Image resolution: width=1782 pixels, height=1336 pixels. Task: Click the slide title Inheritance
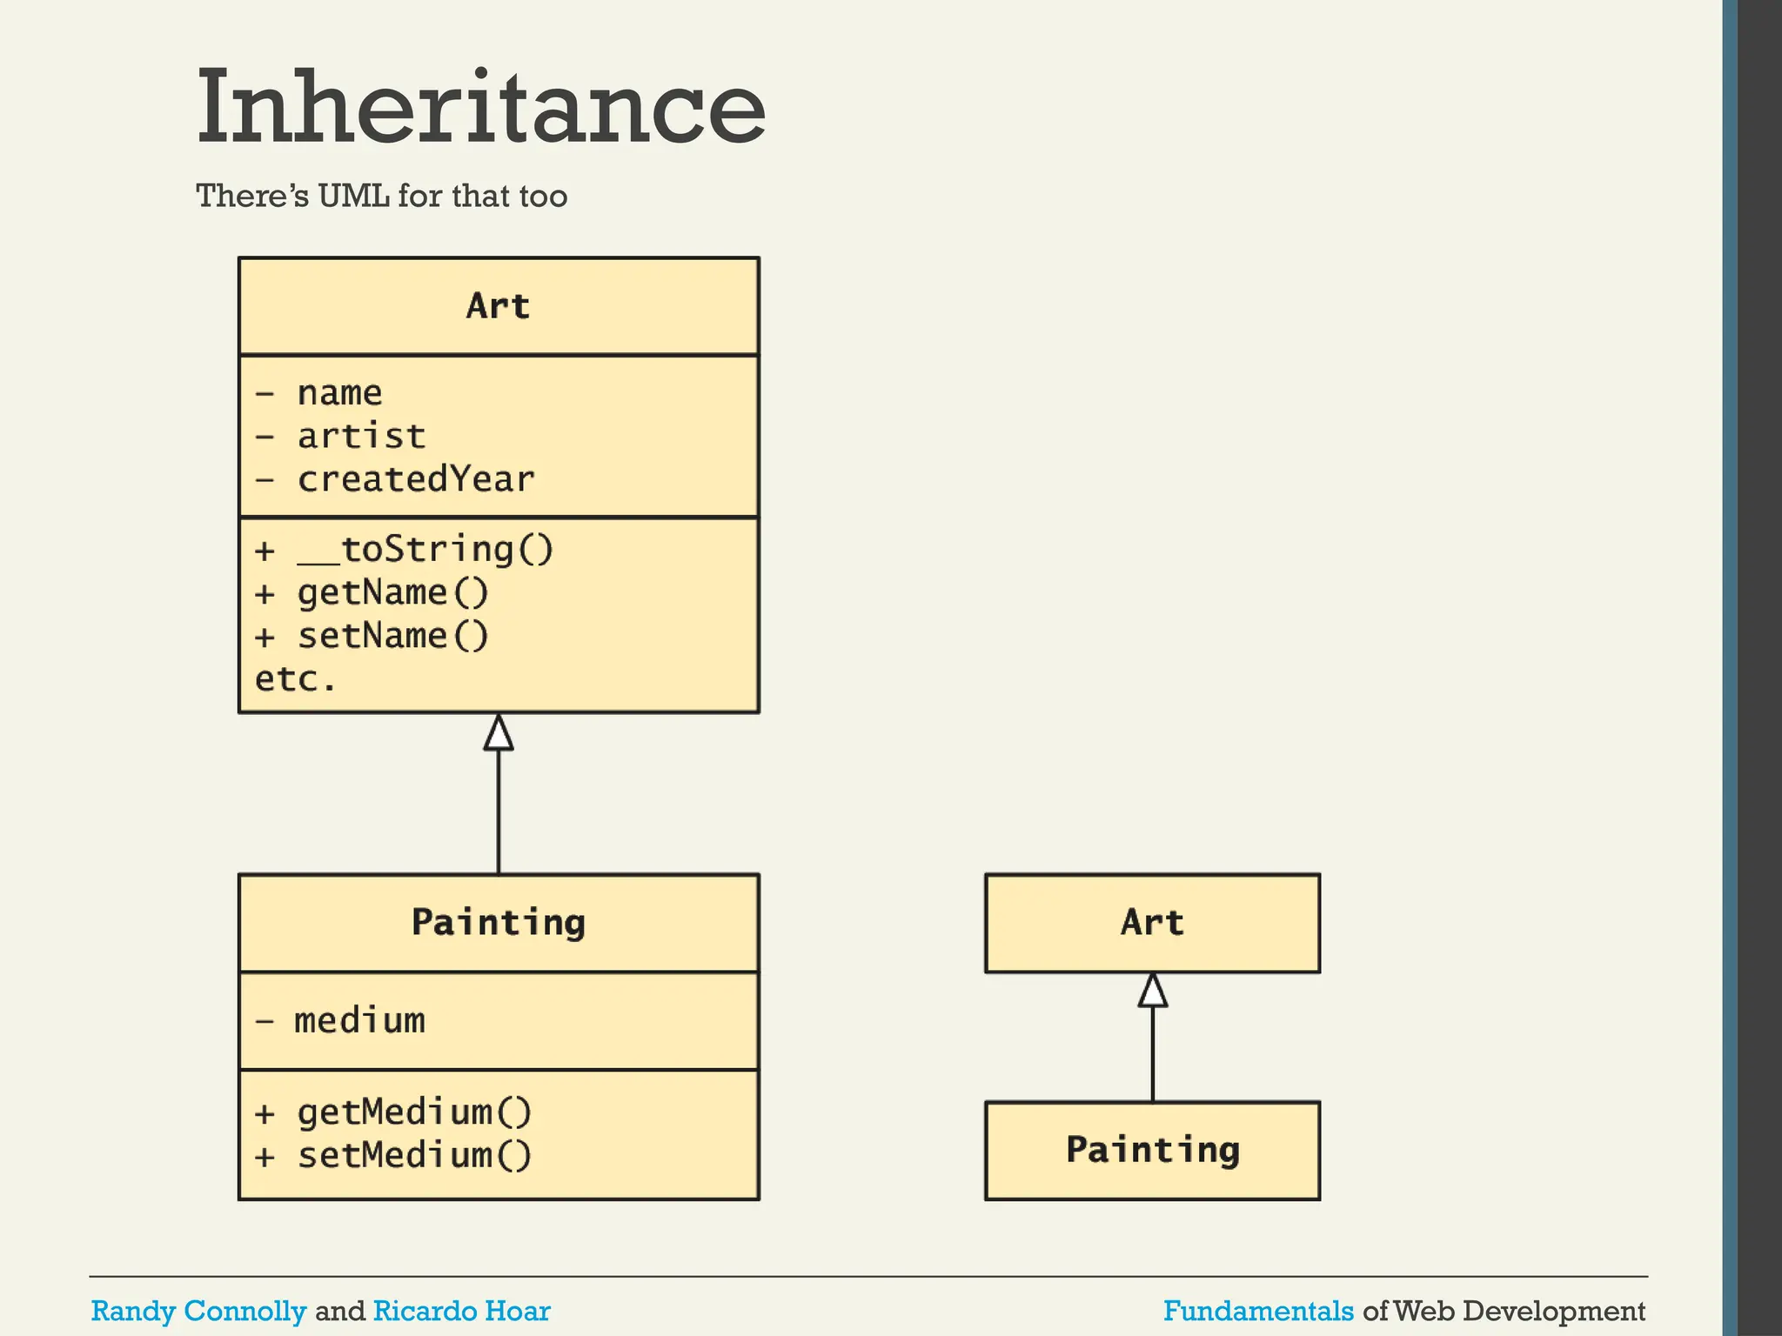pyautogui.click(x=480, y=108)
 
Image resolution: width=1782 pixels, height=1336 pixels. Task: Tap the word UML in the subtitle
pyautogui.click(x=353, y=197)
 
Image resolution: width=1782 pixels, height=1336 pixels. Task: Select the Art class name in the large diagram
pyautogui.click(x=498, y=306)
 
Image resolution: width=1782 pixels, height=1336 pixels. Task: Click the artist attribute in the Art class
pyautogui.click(x=361, y=437)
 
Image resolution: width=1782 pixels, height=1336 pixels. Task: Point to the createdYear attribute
pyautogui.click(x=416, y=480)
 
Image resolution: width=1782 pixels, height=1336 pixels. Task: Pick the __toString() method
pyautogui.click(x=425, y=550)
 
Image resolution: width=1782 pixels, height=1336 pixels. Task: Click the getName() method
pyautogui.click(x=393, y=593)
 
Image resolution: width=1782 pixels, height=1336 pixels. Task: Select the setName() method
pyautogui.click(x=393, y=637)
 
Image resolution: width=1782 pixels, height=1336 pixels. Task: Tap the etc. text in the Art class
pyautogui.click(x=295, y=679)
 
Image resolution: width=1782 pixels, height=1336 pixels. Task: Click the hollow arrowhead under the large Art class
pyautogui.click(x=499, y=733)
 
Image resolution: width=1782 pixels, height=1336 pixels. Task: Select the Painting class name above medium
pyautogui.click(x=499, y=923)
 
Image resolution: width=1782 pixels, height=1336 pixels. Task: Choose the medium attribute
pyautogui.click(x=359, y=1021)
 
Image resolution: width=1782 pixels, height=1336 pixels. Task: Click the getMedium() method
pyautogui.click(x=414, y=1112)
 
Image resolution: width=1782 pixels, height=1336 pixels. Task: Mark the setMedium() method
pyautogui.click(x=414, y=1156)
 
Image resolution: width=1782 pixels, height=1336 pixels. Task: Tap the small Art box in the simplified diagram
pyautogui.click(x=1152, y=923)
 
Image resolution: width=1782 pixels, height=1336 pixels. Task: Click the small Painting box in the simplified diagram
pyautogui.click(x=1152, y=1151)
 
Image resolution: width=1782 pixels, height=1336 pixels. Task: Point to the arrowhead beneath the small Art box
pyautogui.click(x=1153, y=991)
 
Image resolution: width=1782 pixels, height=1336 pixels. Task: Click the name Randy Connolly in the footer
pyautogui.click(x=198, y=1311)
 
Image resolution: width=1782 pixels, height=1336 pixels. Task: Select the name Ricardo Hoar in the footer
pyautogui.click(x=461, y=1311)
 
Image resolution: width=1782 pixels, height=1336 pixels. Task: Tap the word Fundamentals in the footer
pyautogui.click(x=1258, y=1311)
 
